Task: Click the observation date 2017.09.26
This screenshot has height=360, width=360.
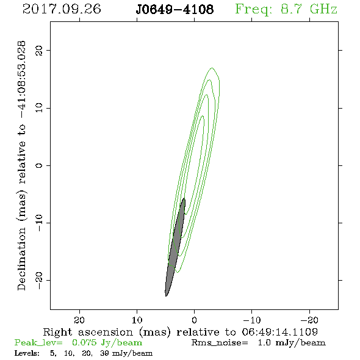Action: click(x=62, y=9)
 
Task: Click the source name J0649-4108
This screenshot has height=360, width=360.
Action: click(x=175, y=9)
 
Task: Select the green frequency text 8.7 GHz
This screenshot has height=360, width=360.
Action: click(x=309, y=9)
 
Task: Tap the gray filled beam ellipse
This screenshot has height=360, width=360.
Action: click(x=175, y=247)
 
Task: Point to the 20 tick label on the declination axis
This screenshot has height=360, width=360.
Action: click(x=39, y=50)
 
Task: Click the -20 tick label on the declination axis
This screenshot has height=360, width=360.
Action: click(x=39, y=280)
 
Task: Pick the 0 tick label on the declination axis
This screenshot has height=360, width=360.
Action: click(x=39, y=165)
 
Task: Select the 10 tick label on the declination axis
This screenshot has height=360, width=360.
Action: click(x=39, y=107)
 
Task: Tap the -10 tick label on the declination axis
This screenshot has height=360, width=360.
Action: click(x=39, y=223)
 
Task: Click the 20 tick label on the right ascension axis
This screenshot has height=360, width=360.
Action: click(x=79, y=320)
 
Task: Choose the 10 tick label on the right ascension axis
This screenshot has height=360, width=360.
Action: click(x=137, y=320)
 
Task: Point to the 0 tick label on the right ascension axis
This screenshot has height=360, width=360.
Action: click(x=195, y=320)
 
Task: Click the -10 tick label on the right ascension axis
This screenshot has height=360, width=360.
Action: click(x=252, y=320)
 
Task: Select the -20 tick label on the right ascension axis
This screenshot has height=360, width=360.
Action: click(x=309, y=320)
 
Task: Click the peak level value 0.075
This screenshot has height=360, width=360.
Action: click(x=84, y=342)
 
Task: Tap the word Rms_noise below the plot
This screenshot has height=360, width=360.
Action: click(x=220, y=343)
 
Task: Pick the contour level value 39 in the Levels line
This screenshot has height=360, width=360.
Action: click(x=104, y=353)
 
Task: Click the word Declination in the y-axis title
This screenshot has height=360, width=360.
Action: click(x=21, y=259)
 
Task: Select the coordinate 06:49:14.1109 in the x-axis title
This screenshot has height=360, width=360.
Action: click(x=280, y=332)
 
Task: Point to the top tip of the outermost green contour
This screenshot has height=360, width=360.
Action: click(x=212, y=68)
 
